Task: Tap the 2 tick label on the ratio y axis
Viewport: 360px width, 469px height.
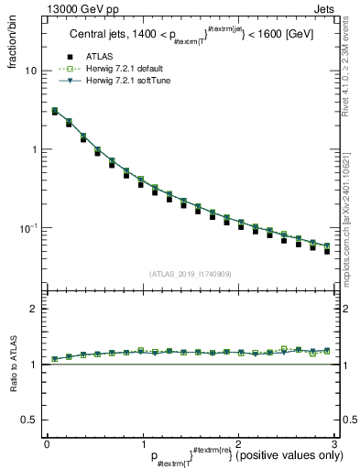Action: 36,309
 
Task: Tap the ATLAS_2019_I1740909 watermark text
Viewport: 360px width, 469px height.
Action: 191,273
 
